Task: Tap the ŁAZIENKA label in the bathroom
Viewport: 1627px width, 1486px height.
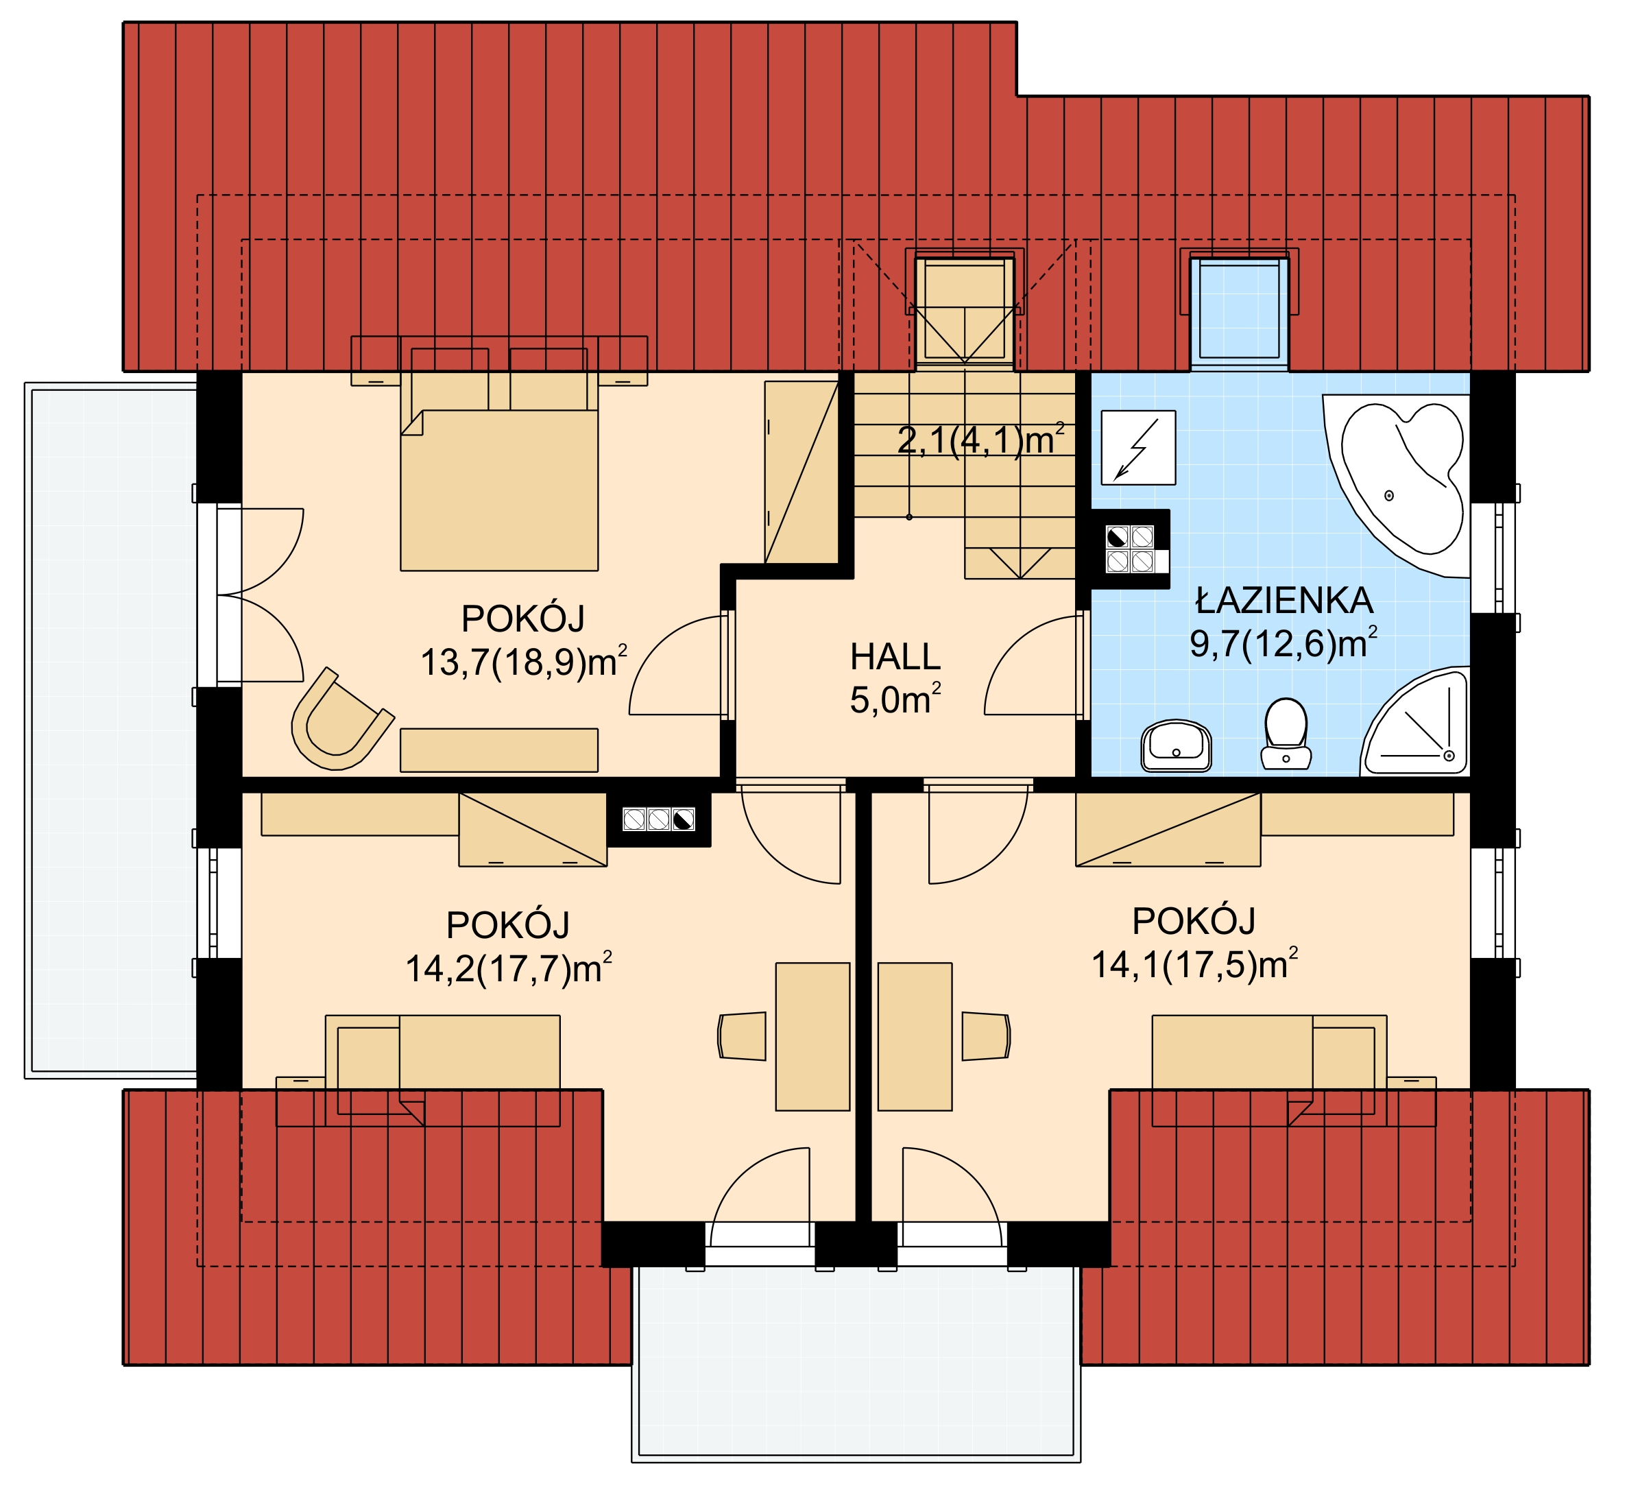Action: point(1284,601)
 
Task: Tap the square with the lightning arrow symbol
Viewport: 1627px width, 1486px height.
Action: point(1138,447)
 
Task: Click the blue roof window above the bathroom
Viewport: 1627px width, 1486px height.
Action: point(1239,310)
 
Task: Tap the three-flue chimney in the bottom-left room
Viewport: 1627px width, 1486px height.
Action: point(658,820)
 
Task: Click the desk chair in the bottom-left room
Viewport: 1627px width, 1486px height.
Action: point(743,1035)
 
